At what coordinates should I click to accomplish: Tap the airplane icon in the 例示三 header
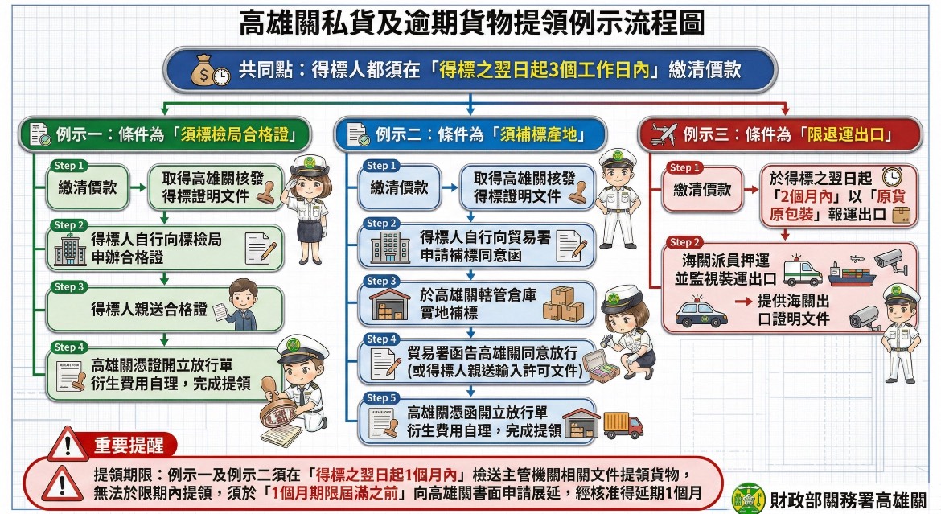(664, 134)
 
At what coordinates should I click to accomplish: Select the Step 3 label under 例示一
(69, 287)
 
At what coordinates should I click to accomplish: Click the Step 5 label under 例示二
(380, 398)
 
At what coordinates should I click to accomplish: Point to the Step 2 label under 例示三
(684, 242)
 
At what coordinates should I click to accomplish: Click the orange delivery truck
(623, 426)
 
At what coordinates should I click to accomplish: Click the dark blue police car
(701, 312)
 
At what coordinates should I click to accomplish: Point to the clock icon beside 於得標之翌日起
(892, 177)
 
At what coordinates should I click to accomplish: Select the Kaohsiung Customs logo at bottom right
(749, 499)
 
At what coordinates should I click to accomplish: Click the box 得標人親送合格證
(164, 309)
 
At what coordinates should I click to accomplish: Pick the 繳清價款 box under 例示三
(702, 190)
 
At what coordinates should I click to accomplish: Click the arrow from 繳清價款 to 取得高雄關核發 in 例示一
(138, 187)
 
